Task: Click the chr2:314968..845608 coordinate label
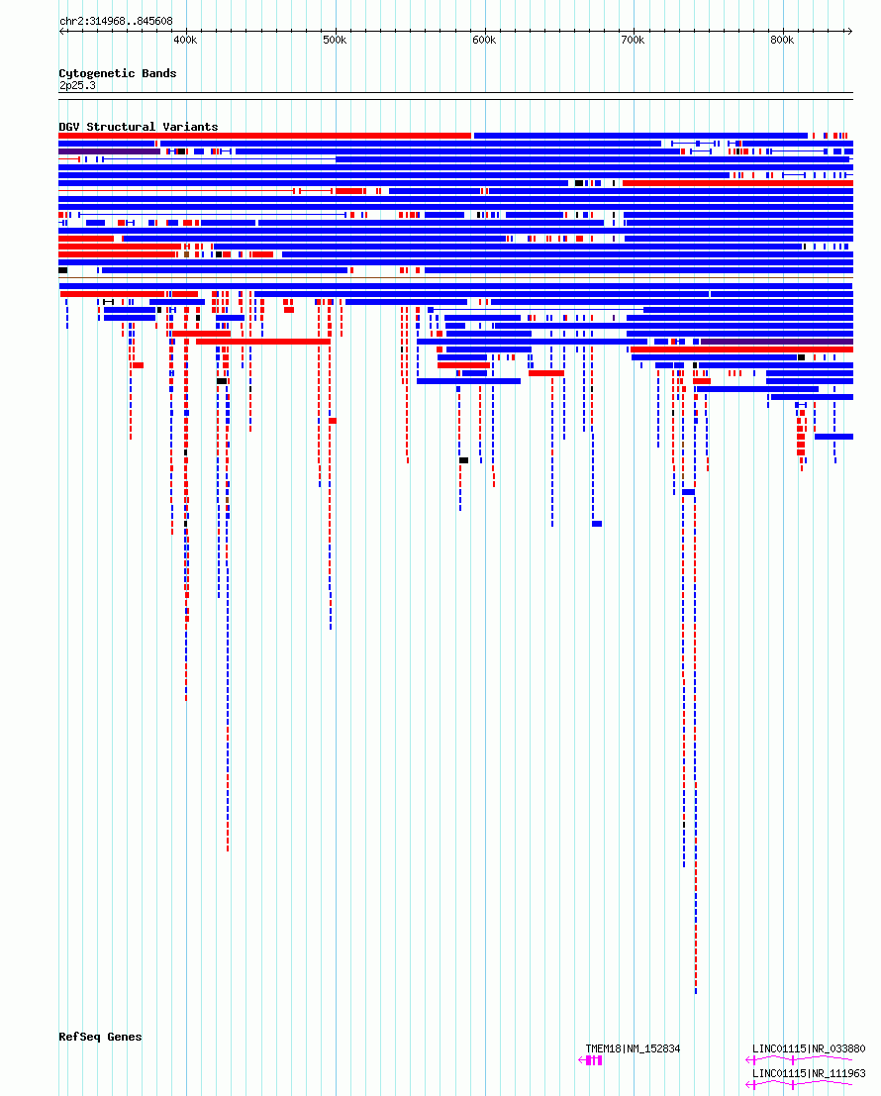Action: (x=116, y=21)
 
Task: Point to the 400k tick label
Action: (x=185, y=41)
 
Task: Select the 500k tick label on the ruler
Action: (x=335, y=41)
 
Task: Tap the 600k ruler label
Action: (x=484, y=41)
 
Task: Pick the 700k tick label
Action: (x=633, y=41)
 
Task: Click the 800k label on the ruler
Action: (x=782, y=41)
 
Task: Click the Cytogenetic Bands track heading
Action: (x=118, y=73)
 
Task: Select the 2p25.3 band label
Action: (x=77, y=86)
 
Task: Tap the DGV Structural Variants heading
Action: (x=139, y=127)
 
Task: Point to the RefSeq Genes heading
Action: (x=100, y=1037)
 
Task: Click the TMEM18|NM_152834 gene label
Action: (x=633, y=1048)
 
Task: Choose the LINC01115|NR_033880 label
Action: (x=809, y=1048)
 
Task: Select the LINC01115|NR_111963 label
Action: (x=809, y=1073)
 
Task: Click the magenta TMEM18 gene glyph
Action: (x=590, y=1060)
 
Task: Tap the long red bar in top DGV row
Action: (x=264, y=136)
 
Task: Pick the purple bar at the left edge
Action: (x=110, y=151)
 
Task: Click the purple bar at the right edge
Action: (x=777, y=342)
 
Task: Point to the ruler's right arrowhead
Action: (x=849, y=31)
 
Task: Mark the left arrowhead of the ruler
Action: (x=62, y=31)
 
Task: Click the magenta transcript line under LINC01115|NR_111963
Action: (x=799, y=1085)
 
